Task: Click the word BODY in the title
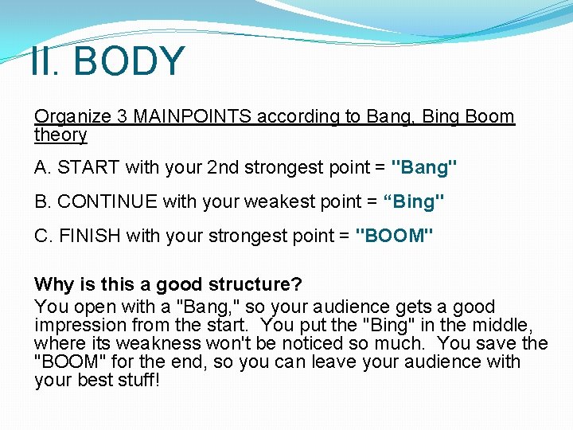(130, 61)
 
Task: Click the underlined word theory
(60, 135)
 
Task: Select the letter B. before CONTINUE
(42, 202)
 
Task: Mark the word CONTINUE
(107, 202)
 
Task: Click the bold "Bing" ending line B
(414, 202)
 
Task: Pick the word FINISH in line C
(86, 236)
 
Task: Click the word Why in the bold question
(52, 284)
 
